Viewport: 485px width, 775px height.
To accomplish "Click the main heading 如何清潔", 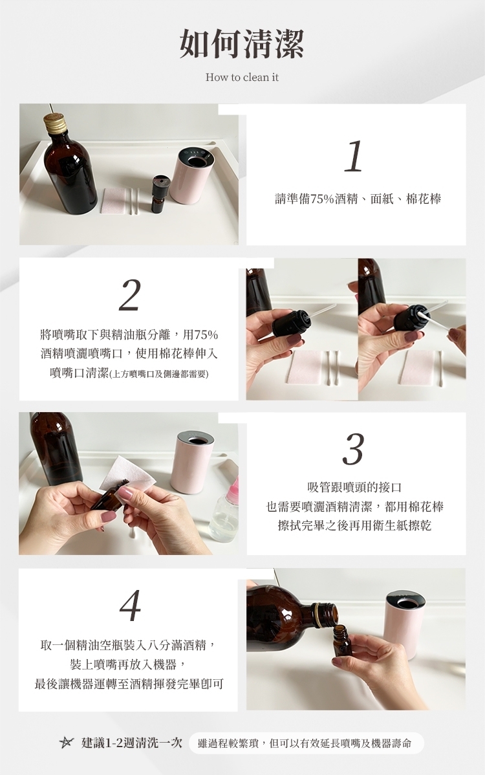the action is (241, 43).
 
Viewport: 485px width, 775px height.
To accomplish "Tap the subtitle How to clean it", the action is (242, 77).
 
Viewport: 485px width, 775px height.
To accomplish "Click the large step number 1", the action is (354, 156).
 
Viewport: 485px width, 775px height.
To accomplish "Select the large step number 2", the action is (130, 295).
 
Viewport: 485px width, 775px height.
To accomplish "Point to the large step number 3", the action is (353, 450).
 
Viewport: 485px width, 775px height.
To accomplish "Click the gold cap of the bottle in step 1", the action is (55, 122).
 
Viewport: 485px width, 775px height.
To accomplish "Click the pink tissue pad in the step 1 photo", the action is (114, 200).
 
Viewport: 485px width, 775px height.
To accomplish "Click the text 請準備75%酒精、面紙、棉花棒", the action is (358, 199).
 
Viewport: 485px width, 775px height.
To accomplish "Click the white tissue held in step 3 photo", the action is (126, 473).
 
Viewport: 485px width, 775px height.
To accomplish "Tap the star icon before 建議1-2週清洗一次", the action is (66, 743).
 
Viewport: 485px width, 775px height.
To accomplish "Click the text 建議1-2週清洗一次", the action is (132, 743).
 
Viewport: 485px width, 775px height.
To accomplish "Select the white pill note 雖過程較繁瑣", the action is (307, 743).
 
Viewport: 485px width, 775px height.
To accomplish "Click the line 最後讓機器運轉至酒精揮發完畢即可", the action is (129, 684).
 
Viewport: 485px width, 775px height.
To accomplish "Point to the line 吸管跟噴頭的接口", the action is (354, 487).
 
